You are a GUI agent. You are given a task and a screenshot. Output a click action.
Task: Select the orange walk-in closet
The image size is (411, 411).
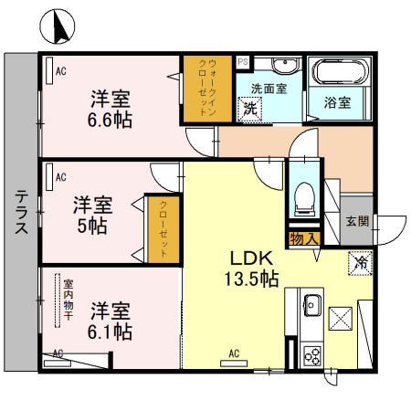pyautogui.click(x=206, y=90)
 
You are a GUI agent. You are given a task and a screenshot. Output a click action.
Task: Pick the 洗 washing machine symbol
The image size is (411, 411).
pyautogui.click(x=250, y=108)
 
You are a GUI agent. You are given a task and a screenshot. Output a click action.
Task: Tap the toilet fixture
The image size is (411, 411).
pyautogui.click(x=302, y=195)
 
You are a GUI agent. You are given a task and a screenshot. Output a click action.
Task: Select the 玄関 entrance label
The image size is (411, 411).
pyautogui.click(x=357, y=220)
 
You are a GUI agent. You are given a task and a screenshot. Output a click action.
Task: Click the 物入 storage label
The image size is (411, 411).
pyautogui.click(x=303, y=239)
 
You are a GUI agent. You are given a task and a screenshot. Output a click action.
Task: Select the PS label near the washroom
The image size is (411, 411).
pyautogui.click(x=243, y=62)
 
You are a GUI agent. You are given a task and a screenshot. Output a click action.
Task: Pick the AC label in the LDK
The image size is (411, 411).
pyautogui.click(x=233, y=353)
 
